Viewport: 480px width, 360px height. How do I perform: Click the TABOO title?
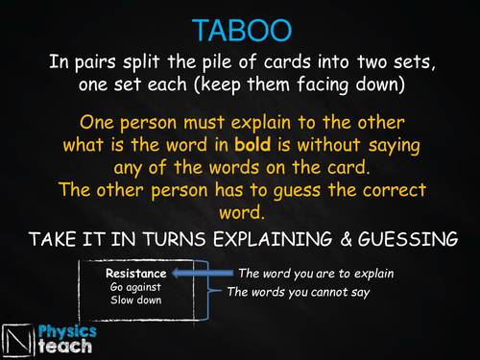[x=239, y=30]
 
